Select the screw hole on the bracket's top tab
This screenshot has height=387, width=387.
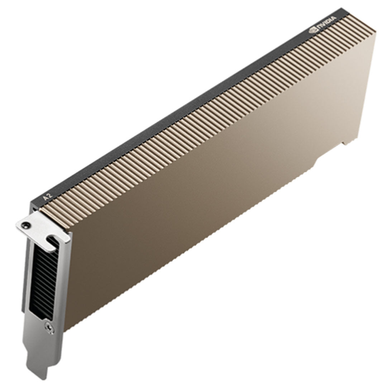click(24, 225)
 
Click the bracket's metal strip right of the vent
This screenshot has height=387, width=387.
click(62, 279)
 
